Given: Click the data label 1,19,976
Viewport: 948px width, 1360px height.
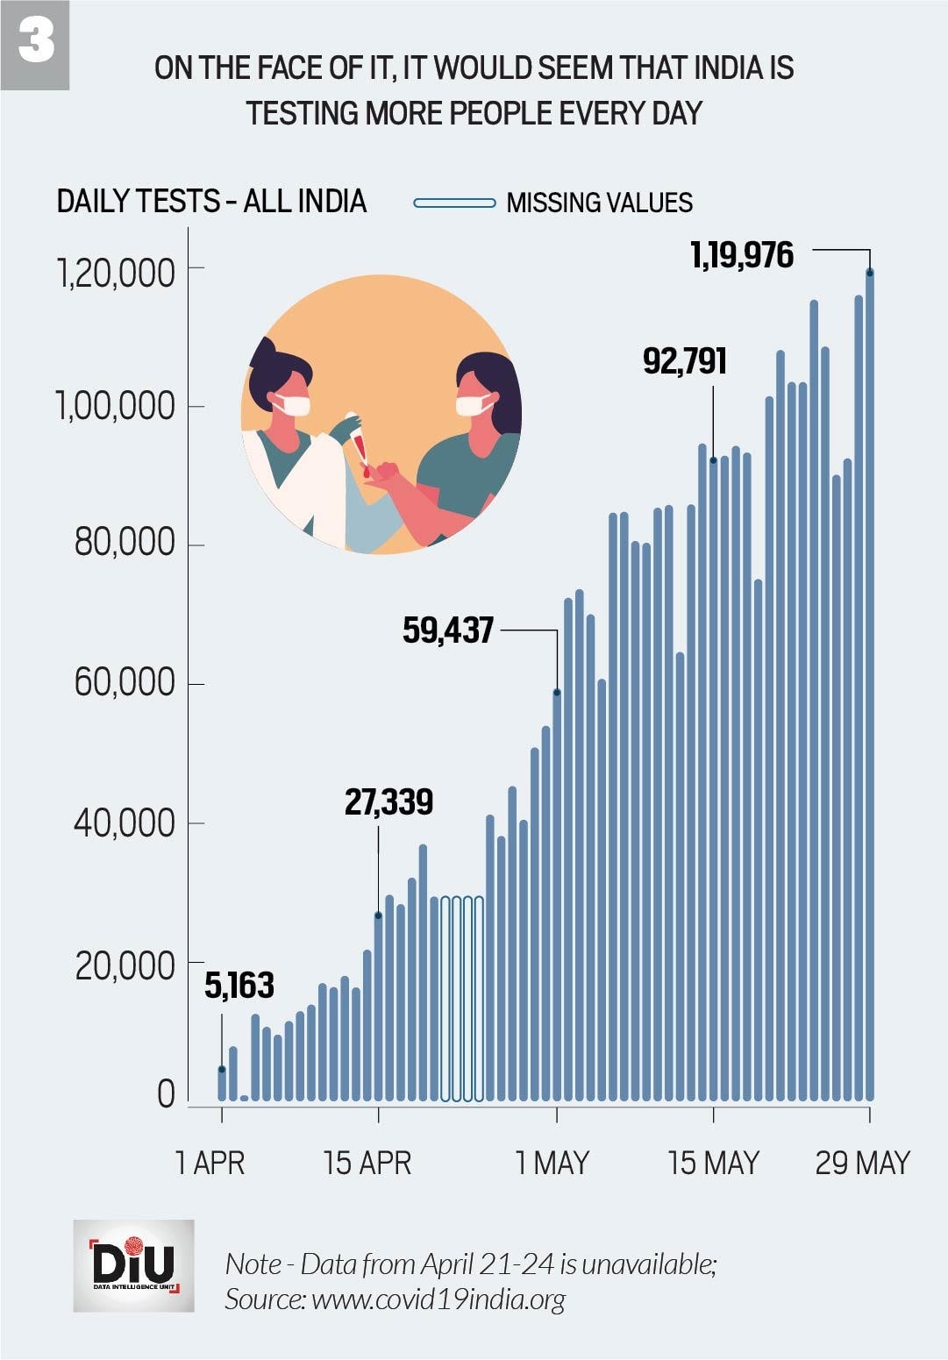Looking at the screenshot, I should point(742,255).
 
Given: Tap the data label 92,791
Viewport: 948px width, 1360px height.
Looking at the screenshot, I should point(685,360).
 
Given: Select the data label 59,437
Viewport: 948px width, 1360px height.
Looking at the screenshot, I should point(448,630).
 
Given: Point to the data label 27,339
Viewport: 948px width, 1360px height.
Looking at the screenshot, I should point(388,801).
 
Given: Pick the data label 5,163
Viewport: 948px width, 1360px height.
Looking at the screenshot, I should point(239,986).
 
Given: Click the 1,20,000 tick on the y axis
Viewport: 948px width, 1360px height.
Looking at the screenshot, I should point(116,273).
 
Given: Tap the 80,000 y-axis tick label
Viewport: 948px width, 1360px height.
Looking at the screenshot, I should point(125,543).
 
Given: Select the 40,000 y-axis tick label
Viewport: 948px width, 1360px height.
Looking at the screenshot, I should point(125,823).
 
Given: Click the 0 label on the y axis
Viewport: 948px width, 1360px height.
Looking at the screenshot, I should point(166,1094).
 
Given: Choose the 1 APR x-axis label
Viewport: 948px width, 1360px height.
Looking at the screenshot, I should point(210,1163).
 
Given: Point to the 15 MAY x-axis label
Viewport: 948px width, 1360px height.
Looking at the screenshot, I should point(713,1163).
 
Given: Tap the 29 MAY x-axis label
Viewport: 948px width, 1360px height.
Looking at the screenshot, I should point(863,1163).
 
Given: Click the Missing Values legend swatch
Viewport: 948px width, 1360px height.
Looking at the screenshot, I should point(454,203).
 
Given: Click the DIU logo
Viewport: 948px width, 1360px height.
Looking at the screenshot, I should point(133,1265).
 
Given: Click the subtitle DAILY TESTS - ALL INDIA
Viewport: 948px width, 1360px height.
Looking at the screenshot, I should point(211,202).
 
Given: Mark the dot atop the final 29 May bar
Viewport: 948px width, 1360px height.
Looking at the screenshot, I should point(870,273).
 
